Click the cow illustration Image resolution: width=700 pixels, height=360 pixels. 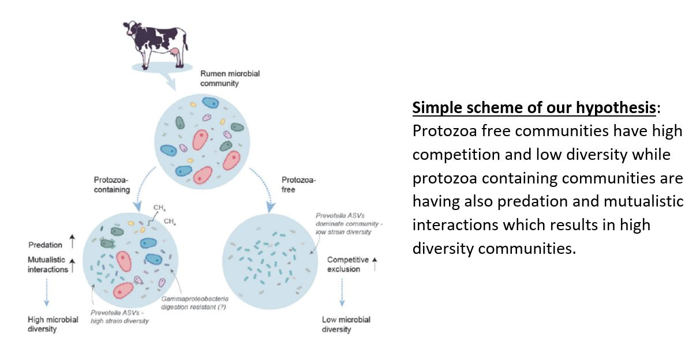[155, 44]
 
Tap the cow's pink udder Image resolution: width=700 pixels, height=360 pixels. [174, 52]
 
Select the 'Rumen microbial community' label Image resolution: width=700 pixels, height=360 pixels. [230, 78]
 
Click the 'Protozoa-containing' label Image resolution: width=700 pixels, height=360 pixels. [111, 185]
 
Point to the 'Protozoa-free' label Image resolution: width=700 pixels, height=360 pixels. [298, 185]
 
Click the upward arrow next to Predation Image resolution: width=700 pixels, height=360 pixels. [72, 241]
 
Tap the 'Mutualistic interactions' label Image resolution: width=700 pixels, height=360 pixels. [47, 264]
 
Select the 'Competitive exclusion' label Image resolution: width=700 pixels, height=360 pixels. [348, 264]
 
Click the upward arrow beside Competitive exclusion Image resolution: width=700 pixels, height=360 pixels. [375, 264]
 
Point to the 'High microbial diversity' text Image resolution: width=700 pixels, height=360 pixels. [53, 324]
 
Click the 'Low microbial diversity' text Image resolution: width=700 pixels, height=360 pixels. [346, 324]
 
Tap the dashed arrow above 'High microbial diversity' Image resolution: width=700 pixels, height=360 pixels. [47, 292]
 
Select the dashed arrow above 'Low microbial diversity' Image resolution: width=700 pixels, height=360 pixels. [342, 292]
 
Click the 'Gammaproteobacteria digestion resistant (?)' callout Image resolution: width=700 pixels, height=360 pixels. [194, 303]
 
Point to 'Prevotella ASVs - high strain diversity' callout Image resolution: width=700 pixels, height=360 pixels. [119, 317]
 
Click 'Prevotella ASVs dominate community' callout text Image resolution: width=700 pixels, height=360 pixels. [349, 224]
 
